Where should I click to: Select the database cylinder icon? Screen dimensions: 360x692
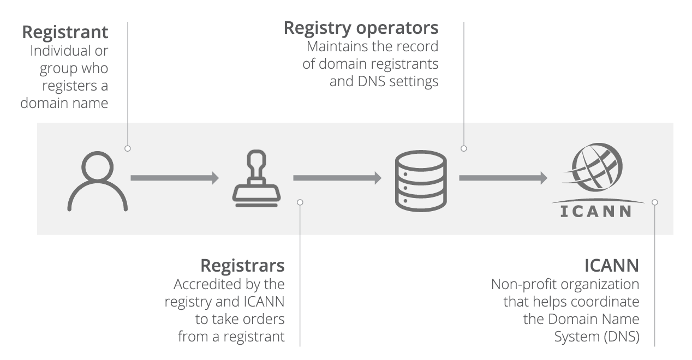[x=420, y=181]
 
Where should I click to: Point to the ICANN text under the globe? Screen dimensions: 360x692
[x=596, y=211]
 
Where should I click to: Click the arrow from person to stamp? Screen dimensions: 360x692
[x=174, y=178]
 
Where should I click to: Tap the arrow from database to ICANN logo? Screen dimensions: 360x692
[x=503, y=178]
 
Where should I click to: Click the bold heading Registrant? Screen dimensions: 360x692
[x=65, y=32]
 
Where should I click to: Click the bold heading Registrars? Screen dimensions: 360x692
[x=242, y=266]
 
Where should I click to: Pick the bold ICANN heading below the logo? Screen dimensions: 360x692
[x=611, y=266]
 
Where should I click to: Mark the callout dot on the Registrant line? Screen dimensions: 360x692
[x=127, y=148]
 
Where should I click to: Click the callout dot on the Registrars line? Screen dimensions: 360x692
[x=300, y=202]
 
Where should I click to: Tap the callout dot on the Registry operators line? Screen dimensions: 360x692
[x=463, y=148]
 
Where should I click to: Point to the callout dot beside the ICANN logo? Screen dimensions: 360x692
[x=655, y=202]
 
